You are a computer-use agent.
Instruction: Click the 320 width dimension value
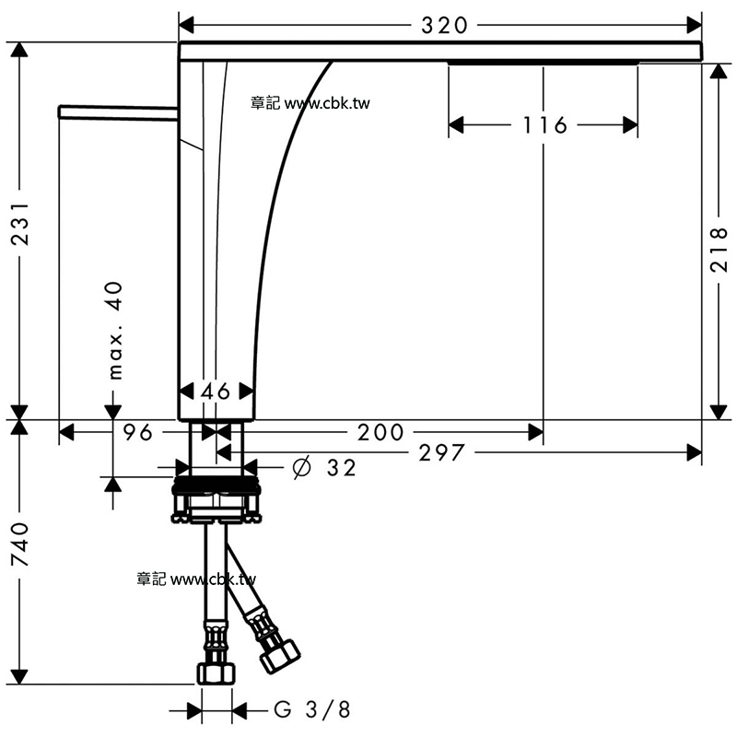click(444, 26)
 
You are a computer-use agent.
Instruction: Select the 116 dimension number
click(545, 125)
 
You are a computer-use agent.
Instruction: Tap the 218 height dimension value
click(719, 250)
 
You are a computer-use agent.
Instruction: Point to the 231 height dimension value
click(19, 224)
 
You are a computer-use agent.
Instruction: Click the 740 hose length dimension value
click(19, 544)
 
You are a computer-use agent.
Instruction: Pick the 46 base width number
click(216, 391)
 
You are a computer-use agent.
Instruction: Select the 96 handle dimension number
click(137, 432)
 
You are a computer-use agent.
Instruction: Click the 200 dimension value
click(380, 432)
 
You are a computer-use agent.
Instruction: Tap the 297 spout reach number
click(441, 453)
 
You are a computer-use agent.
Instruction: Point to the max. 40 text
click(114, 331)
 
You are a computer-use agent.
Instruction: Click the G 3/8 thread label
click(312, 709)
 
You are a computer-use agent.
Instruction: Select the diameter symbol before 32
click(301, 467)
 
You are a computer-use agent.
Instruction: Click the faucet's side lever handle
click(118, 111)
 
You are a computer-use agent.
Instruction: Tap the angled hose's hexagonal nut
click(280, 655)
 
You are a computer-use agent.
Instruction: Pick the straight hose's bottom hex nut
click(216, 673)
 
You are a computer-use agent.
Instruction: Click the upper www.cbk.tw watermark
click(327, 103)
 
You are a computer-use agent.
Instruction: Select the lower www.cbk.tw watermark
click(213, 579)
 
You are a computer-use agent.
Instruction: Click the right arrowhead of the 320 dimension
click(695, 26)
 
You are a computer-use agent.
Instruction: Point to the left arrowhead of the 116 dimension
click(456, 125)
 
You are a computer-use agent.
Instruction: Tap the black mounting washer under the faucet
click(216, 485)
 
